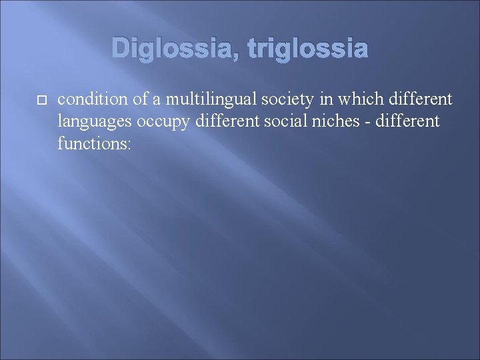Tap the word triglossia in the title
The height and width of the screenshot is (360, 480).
(x=307, y=48)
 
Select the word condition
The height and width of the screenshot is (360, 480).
(x=90, y=100)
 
